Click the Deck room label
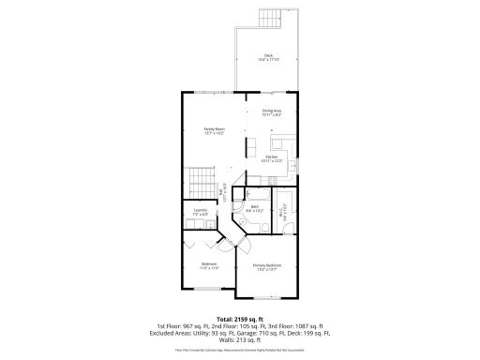point(268,57)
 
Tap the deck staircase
point(270,18)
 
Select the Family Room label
point(215,130)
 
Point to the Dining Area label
point(272,113)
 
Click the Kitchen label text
point(271,158)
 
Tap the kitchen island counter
point(251,145)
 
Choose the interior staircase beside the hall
point(198,179)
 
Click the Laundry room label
point(200,213)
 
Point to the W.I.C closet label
point(284,213)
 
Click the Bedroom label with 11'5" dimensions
point(209,265)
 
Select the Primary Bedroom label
point(268,267)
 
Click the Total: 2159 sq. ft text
point(239,319)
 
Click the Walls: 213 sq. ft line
point(240,339)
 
